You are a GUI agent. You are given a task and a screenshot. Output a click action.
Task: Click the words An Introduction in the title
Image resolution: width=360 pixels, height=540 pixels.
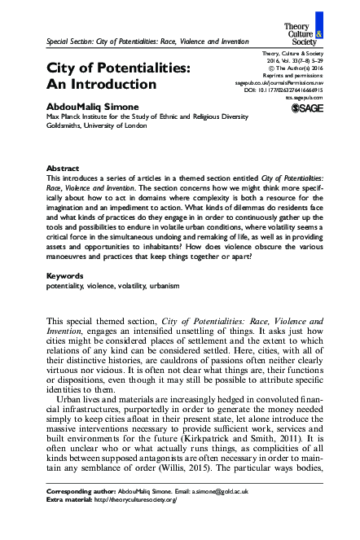(101, 84)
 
